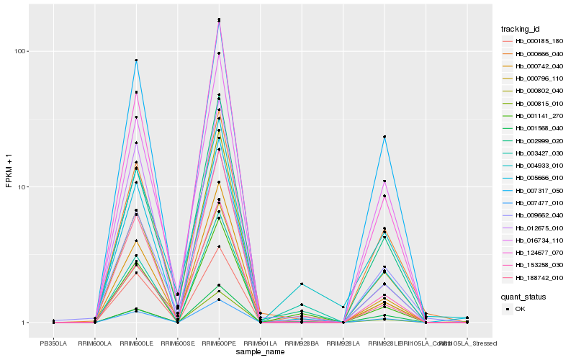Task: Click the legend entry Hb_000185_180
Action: (534, 41)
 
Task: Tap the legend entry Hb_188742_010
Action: (534, 276)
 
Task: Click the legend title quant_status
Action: (524, 296)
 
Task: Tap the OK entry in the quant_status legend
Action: (521, 308)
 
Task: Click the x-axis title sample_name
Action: (260, 351)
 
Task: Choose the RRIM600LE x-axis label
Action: (136, 343)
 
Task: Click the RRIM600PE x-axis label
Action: (219, 343)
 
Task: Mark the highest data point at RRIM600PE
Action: (219, 19)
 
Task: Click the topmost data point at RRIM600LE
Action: (136, 60)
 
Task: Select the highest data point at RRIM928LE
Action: (384, 137)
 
